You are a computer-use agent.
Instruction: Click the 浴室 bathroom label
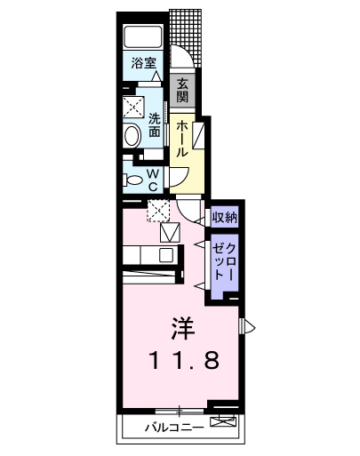142,64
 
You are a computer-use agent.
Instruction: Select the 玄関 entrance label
183,90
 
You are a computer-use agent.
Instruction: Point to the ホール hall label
181,139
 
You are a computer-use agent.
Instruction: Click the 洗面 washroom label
155,125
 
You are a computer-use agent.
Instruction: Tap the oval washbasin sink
132,136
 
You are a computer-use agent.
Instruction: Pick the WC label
153,180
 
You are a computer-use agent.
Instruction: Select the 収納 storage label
223,217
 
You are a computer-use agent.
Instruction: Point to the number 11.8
183,361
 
